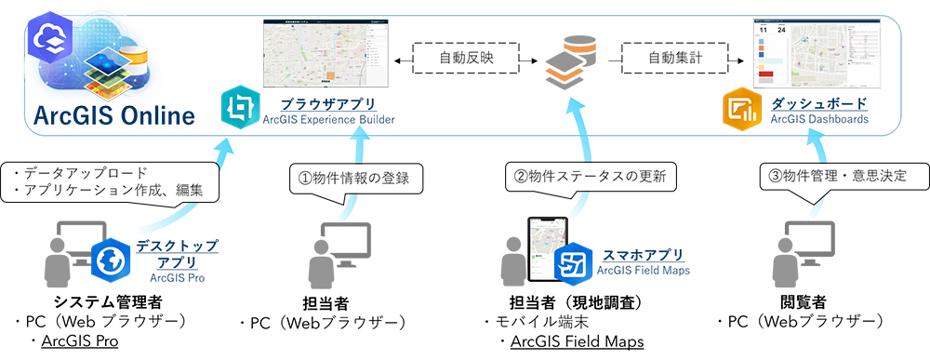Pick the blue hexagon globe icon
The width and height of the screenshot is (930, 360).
point(110,260)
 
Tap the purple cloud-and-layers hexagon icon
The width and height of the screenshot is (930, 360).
point(48,38)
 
